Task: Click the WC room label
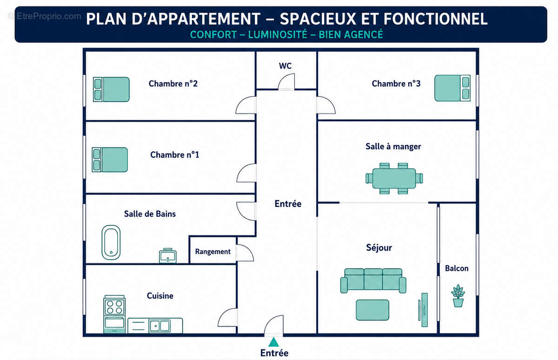pos(285,66)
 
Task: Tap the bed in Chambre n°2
pos(111,89)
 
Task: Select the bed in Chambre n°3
pos(452,88)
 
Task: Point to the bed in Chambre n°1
pos(110,160)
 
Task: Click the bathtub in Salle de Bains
pos(111,242)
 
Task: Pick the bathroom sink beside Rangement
pos(168,256)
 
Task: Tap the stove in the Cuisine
pos(114,314)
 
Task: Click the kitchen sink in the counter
pos(160,326)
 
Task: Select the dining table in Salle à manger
pos(394,179)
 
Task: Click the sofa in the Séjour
pos(373,280)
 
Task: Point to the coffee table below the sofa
pos(372,310)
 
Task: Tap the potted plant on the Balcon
pos(458,296)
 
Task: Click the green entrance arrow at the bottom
pos(274,342)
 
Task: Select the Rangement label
pos(213,252)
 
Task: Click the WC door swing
pos(286,81)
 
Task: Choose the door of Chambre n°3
pos(326,105)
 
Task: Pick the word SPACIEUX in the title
pos(318,19)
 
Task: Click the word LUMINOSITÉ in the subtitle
pos(278,34)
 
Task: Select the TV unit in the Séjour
pos(423,310)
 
